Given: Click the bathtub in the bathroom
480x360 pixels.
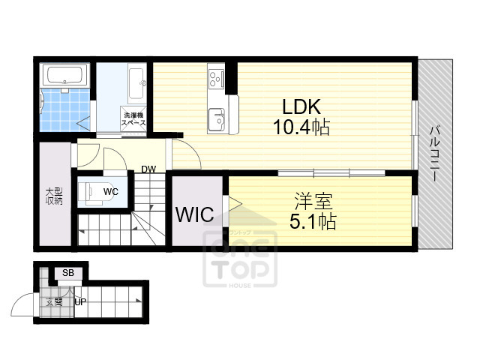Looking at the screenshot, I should [x=67, y=75].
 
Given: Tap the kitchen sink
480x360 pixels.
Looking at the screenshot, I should [x=216, y=118].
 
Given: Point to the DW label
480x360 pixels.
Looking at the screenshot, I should [x=148, y=169].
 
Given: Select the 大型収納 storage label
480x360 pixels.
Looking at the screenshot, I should [x=53, y=196].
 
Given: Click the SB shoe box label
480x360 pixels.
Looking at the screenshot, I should [x=68, y=272].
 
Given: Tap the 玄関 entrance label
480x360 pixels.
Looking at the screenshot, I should [x=53, y=302].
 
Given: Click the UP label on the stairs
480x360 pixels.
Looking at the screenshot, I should [x=79, y=302].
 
